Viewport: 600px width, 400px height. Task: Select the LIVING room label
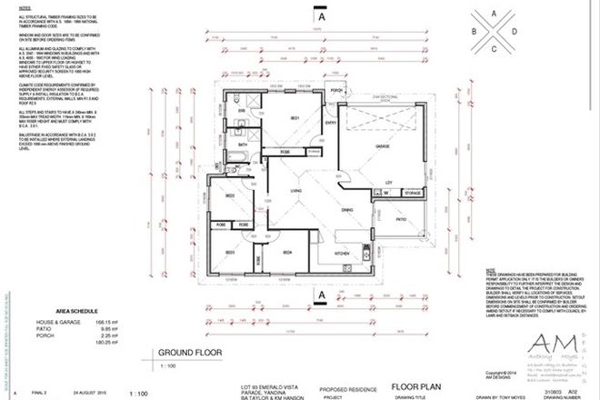295,190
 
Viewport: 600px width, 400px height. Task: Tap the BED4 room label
286,251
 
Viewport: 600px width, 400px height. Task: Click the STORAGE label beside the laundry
412,193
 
